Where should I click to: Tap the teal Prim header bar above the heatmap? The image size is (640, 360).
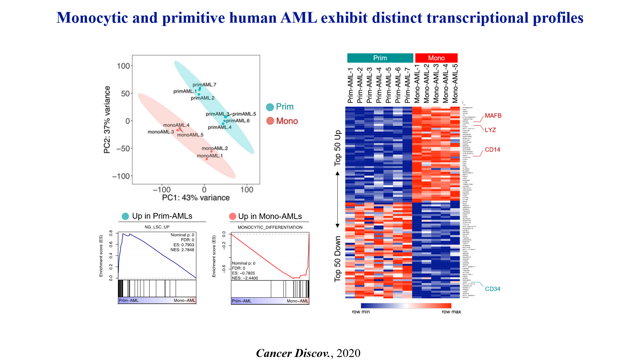point(380,58)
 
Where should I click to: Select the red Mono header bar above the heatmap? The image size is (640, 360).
point(436,58)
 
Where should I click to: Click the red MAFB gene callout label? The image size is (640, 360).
point(493,116)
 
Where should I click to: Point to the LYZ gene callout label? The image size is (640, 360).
point(490,130)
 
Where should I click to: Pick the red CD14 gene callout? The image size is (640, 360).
point(492,150)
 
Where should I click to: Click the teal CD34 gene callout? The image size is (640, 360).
point(492,289)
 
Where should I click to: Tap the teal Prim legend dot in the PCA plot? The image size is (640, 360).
point(270,107)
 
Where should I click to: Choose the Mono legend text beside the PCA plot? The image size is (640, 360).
point(287,121)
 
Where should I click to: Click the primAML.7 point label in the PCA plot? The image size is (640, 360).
point(204,85)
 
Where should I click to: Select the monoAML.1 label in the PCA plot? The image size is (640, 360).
point(210,156)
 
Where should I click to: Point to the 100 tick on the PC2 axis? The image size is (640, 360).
point(123,66)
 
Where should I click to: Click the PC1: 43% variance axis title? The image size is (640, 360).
point(196,198)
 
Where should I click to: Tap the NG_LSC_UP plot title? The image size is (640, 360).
point(157,227)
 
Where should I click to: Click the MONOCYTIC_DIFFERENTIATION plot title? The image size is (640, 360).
point(270,227)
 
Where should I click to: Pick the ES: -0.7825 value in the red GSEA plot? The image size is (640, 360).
point(243,273)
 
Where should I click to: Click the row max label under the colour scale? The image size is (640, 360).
point(451,312)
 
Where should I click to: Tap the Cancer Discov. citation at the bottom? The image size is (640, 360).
point(293,353)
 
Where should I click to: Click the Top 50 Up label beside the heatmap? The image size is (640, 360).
point(338,148)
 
